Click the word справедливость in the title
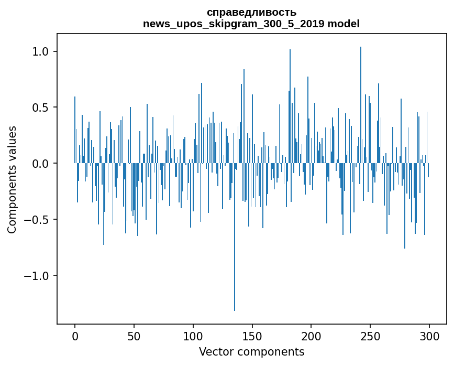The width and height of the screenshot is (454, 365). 251,12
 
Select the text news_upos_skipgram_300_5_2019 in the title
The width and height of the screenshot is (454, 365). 234,24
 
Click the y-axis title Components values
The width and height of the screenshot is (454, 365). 12,179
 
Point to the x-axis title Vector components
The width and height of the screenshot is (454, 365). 251,351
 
